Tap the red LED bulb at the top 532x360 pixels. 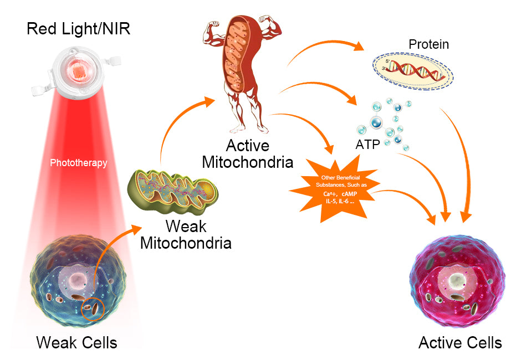click(77, 75)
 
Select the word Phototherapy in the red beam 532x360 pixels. click(78, 163)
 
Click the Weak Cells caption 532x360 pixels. click(77, 342)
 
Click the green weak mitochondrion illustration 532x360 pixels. click(172, 192)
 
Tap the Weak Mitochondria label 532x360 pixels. click(186, 235)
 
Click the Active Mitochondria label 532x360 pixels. click(247, 154)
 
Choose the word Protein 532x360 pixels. click(428, 44)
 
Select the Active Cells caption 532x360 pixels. click(460, 342)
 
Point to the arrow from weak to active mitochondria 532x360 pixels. click(177, 127)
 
